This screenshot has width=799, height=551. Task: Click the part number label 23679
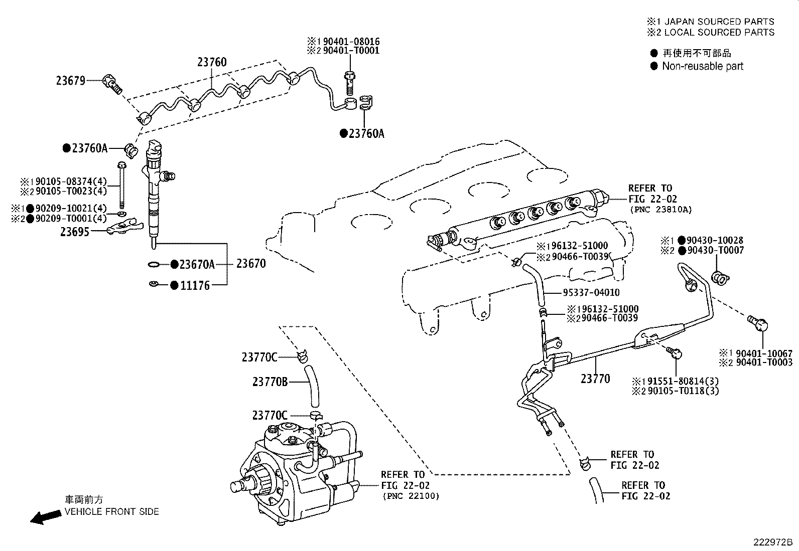coord(70,80)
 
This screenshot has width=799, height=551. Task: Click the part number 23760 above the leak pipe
coord(211,62)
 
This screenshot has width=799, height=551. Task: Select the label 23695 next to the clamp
coord(75,232)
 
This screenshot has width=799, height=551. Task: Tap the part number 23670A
coord(197,264)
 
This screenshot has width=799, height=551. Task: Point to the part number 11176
coord(195,286)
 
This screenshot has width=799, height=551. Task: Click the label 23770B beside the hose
coord(270,382)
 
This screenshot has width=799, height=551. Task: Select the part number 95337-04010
coord(591,292)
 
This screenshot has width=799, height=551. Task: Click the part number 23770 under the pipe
coord(595,379)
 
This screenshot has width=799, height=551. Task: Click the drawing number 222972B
coord(772,542)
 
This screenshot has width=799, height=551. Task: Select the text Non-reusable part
coord(702,66)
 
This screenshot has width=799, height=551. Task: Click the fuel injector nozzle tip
coord(153,244)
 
